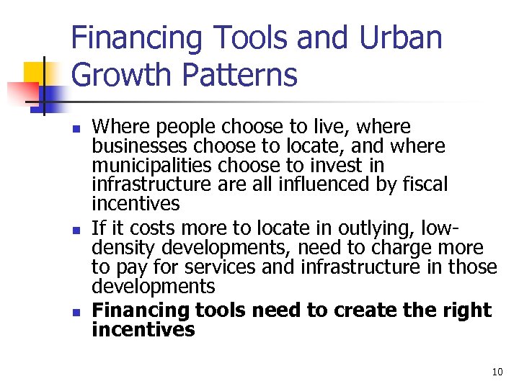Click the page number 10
[497, 372]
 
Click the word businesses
[137, 146]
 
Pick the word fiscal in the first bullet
[427, 184]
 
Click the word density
[123, 249]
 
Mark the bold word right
[469, 310]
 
